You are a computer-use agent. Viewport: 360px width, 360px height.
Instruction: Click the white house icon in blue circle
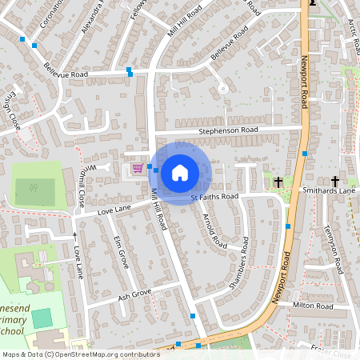point(180,172)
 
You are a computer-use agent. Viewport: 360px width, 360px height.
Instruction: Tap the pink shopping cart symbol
point(138,168)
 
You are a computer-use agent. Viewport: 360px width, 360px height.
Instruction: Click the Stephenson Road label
point(228,130)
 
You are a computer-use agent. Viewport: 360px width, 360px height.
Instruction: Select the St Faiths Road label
point(214,196)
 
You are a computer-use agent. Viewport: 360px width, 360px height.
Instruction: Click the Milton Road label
point(312,306)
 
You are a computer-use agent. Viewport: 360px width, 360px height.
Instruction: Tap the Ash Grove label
point(134,294)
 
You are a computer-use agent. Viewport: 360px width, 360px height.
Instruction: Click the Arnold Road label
point(210,229)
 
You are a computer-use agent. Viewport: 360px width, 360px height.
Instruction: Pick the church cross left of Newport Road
point(278,182)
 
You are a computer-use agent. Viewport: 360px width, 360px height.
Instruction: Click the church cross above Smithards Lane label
point(335,182)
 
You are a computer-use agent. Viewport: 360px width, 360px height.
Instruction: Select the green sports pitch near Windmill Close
point(35,189)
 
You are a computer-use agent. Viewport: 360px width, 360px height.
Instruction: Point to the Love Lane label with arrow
point(78,256)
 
